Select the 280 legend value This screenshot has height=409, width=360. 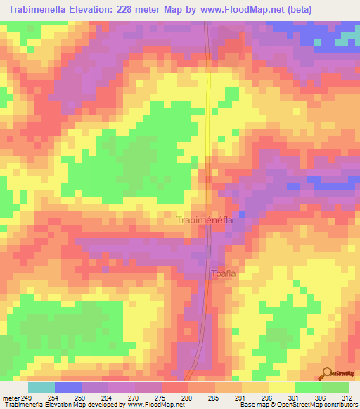(187, 398)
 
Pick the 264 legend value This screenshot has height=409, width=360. (108, 398)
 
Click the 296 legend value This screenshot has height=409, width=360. (267, 398)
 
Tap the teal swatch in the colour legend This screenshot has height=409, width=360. (41, 387)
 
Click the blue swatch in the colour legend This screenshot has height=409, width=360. (68, 387)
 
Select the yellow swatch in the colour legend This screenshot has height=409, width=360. (281, 387)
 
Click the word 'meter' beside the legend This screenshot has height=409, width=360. (11, 398)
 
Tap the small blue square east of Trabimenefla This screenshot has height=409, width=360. (243, 214)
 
